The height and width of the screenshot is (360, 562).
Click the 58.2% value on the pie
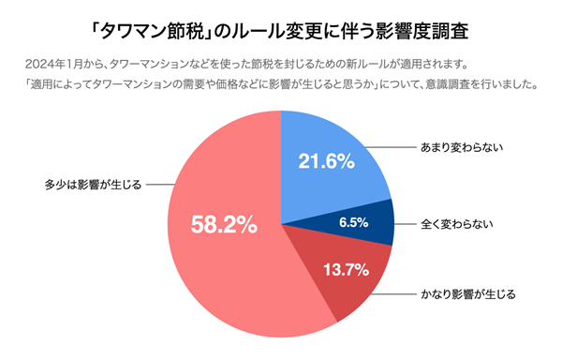[x=224, y=225]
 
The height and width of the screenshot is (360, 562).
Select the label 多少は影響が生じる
[x=93, y=184]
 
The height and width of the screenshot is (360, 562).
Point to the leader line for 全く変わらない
[x=405, y=225]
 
